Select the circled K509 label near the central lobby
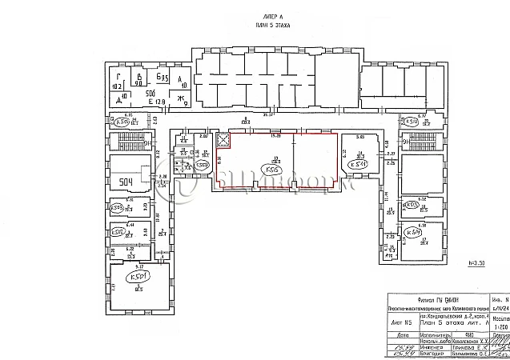[x=119, y=209]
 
